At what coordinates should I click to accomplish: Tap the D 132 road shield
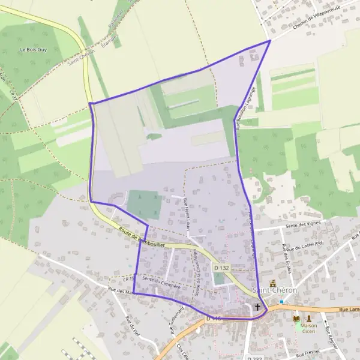[x=221, y=268]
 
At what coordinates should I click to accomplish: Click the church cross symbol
[x=258, y=307]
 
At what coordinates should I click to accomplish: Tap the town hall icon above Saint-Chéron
[x=273, y=282]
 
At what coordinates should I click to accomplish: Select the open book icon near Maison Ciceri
[x=296, y=318]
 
